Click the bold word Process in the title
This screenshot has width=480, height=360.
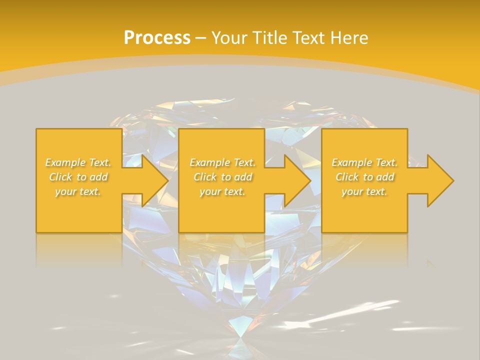pos(157,37)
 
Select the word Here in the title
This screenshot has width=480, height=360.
pos(349,37)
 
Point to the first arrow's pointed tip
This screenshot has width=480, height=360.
pos(167,180)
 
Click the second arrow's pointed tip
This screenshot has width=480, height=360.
pos(310,180)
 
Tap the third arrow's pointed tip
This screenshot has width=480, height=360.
pos(453,180)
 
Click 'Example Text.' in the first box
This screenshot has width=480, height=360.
pos(78,162)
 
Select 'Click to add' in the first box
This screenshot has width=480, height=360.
pos(78,177)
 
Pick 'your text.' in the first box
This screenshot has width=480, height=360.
pos(78,191)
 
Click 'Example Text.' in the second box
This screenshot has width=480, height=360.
pos(222,162)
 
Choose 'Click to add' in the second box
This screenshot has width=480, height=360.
pos(222,177)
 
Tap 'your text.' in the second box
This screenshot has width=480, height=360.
pos(222,191)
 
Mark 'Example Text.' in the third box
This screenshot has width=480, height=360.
pos(364,162)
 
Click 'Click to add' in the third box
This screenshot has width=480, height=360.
pos(364,177)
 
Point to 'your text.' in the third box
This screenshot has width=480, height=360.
pos(364,191)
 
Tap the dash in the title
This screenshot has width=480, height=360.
pos(200,38)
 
